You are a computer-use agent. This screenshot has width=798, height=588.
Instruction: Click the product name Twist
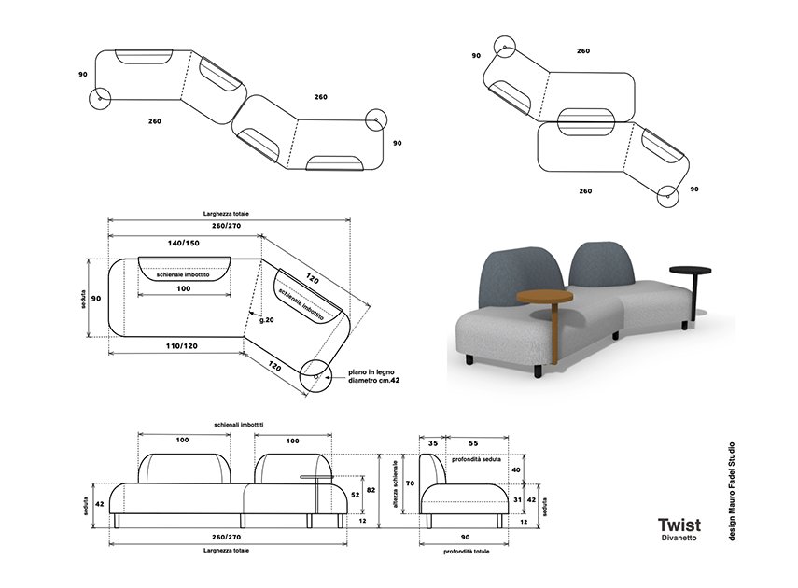coord(679,525)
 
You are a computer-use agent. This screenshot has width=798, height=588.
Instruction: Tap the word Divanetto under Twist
coord(679,538)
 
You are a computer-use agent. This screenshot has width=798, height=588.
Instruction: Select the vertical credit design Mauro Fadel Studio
coord(732,491)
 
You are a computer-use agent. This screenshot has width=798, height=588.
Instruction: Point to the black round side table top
coord(690,270)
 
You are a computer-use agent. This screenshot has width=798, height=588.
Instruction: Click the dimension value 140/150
coord(184,243)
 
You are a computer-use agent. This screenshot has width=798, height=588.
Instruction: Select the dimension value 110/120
coord(182,345)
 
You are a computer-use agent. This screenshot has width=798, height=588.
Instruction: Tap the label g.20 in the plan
coord(267,320)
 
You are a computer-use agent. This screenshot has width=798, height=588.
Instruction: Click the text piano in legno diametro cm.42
coord(374,376)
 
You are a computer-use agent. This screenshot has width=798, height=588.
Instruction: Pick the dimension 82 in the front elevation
coord(371,490)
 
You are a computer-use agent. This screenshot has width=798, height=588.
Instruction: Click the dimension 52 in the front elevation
coord(356,495)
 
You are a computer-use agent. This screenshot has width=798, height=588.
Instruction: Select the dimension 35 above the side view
coord(432,443)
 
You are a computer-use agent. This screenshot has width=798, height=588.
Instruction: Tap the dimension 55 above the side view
coord(473,443)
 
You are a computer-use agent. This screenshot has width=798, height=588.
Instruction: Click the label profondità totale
coord(466,552)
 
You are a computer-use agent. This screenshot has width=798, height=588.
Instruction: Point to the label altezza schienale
coord(395,484)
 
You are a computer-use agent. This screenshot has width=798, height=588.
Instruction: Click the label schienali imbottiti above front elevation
coord(239,424)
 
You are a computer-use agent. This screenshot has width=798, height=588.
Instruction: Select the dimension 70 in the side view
coord(410,483)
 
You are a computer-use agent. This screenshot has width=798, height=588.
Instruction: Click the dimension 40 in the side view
coord(516,469)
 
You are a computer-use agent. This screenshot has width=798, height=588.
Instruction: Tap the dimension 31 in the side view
coord(518,500)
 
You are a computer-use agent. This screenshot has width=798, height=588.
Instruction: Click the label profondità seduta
coord(476,459)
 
